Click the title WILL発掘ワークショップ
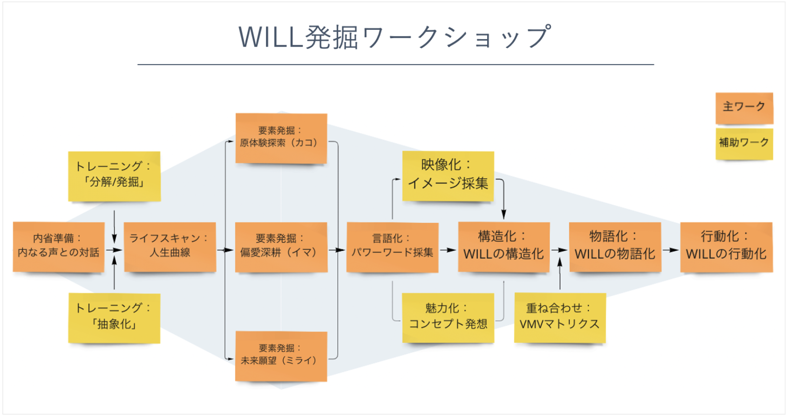pyautogui.click(x=395, y=37)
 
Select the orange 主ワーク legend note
pyautogui.click(x=744, y=108)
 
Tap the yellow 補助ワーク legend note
pyautogui.click(x=744, y=143)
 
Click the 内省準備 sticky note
pyautogui.click(x=59, y=246)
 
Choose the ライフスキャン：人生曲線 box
pyautogui.click(x=170, y=246)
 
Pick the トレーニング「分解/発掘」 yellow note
pyautogui.click(x=114, y=175)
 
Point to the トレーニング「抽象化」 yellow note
pyautogui.click(x=114, y=317)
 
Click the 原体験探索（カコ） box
pyautogui.click(x=281, y=138)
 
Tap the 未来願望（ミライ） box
pyautogui.click(x=281, y=356)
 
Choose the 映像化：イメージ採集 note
pyautogui.click(x=448, y=175)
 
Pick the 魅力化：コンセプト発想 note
pyautogui.click(x=448, y=317)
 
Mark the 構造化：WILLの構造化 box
pyautogui.click(x=503, y=246)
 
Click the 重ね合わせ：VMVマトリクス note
pyautogui.click(x=559, y=317)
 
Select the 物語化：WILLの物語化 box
pyautogui.click(x=615, y=246)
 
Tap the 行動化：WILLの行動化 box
pyautogui.click(x=726, y=246)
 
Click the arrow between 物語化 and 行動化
pyautogui.click(x=671, y=250)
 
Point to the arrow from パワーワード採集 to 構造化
pyautogui.click(x=448, y=250)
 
